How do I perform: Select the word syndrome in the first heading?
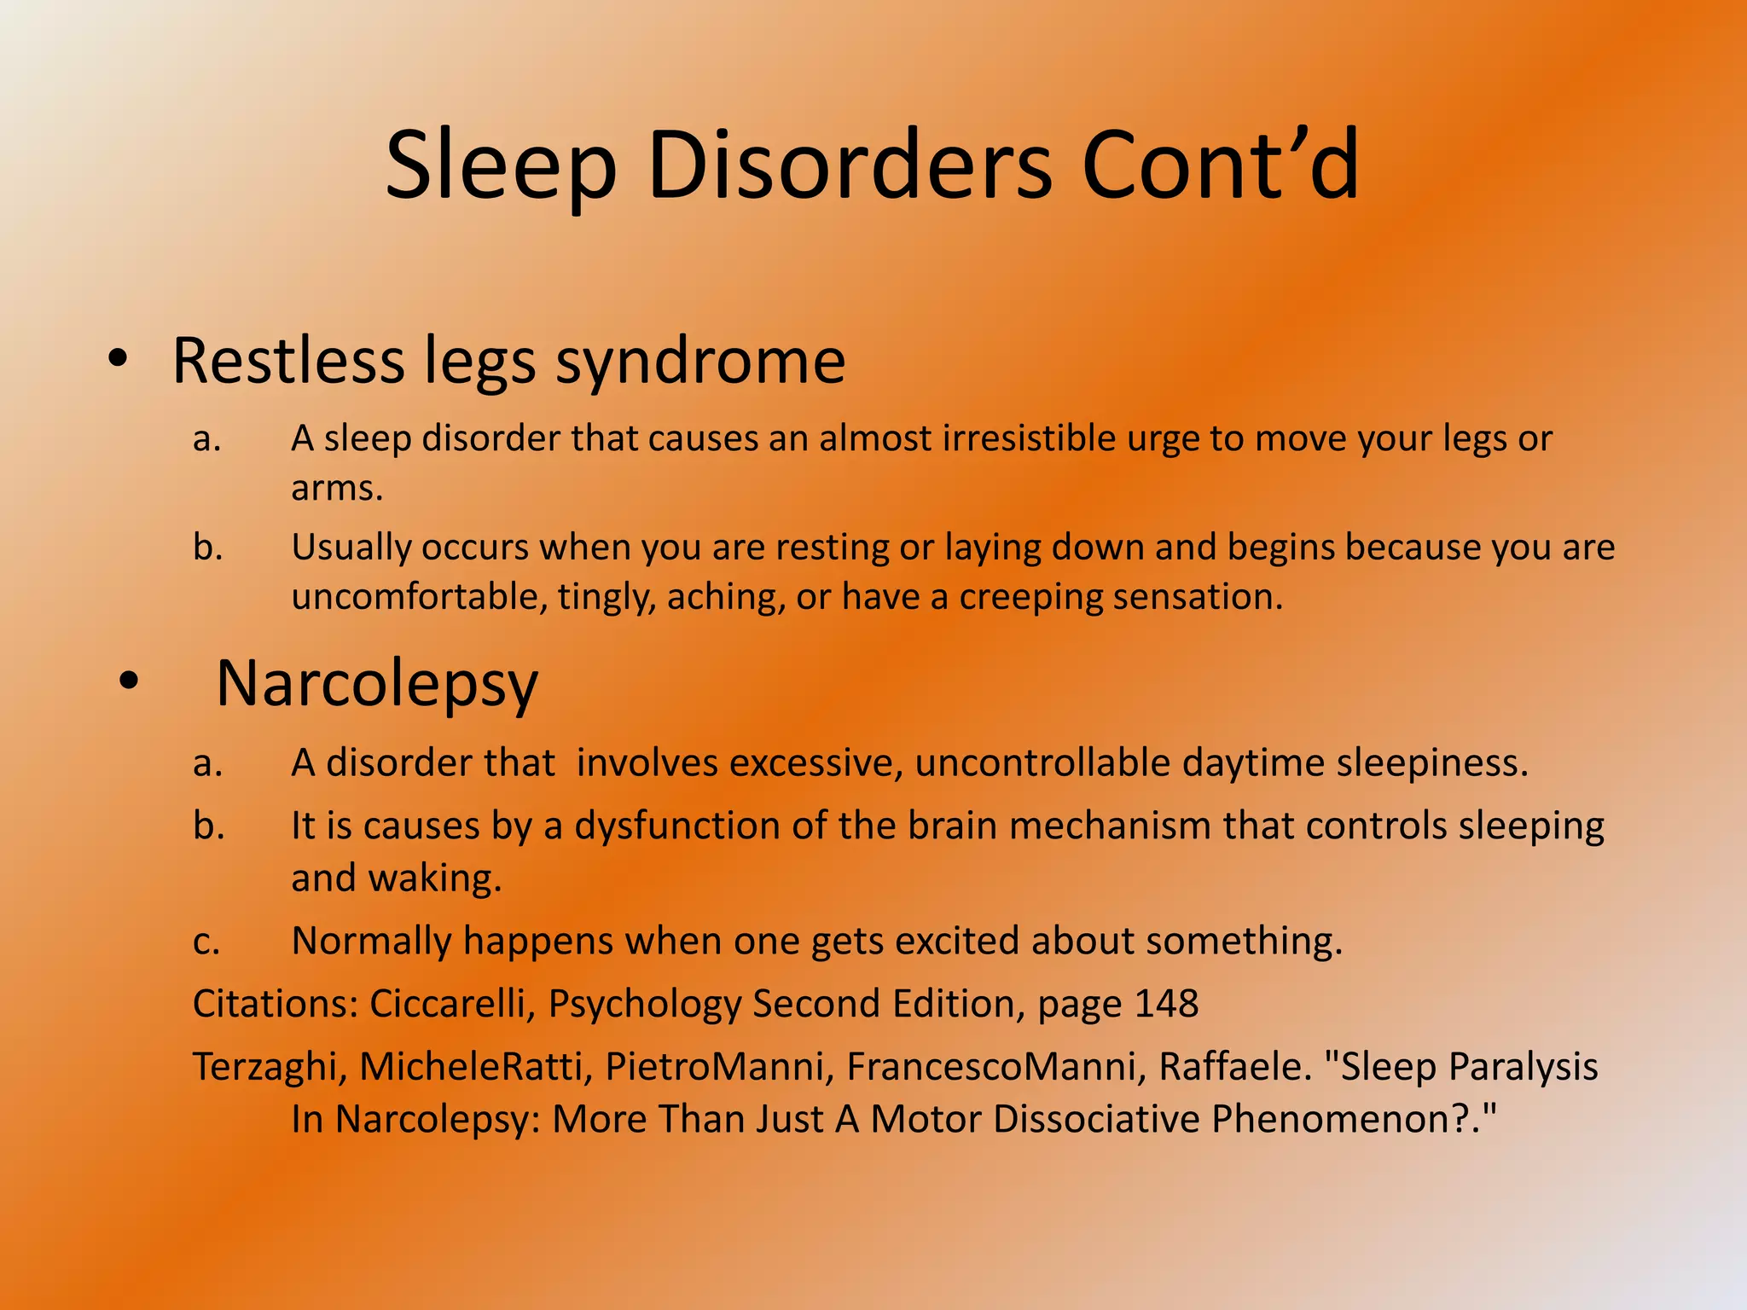(x=700, y=362)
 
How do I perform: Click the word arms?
(x=336, y=489)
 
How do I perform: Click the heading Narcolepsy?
(x=377, y=684)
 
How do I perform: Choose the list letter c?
(x=206, y=942)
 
